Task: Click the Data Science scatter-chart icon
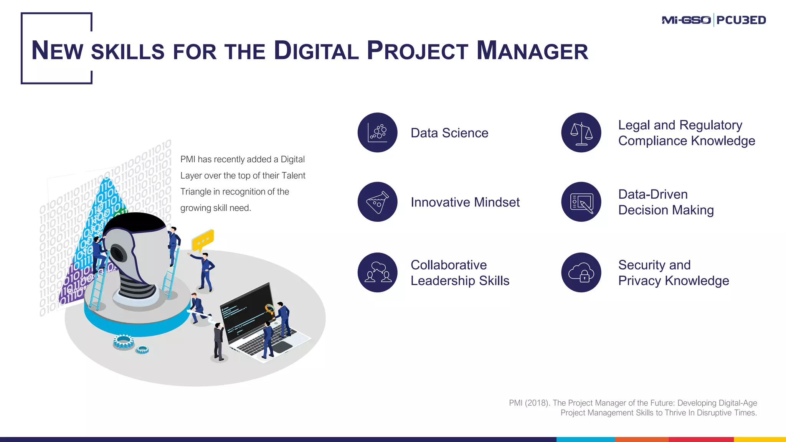coord(378,133)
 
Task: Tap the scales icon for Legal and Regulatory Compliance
coord(581,133)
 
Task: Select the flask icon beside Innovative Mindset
coord(378,202)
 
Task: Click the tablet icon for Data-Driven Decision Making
coord(581,202)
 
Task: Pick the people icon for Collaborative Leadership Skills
coord(378,272)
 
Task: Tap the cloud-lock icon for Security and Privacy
coord(581,272)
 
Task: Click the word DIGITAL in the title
coord(316,51)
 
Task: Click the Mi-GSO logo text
coord(686,20)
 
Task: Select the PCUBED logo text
coord(741,20)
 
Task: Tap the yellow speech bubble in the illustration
coord(203,240)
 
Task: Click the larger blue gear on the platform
coord(124,341)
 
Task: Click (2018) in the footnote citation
coord(537,403)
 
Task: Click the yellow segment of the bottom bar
coord(760,439)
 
